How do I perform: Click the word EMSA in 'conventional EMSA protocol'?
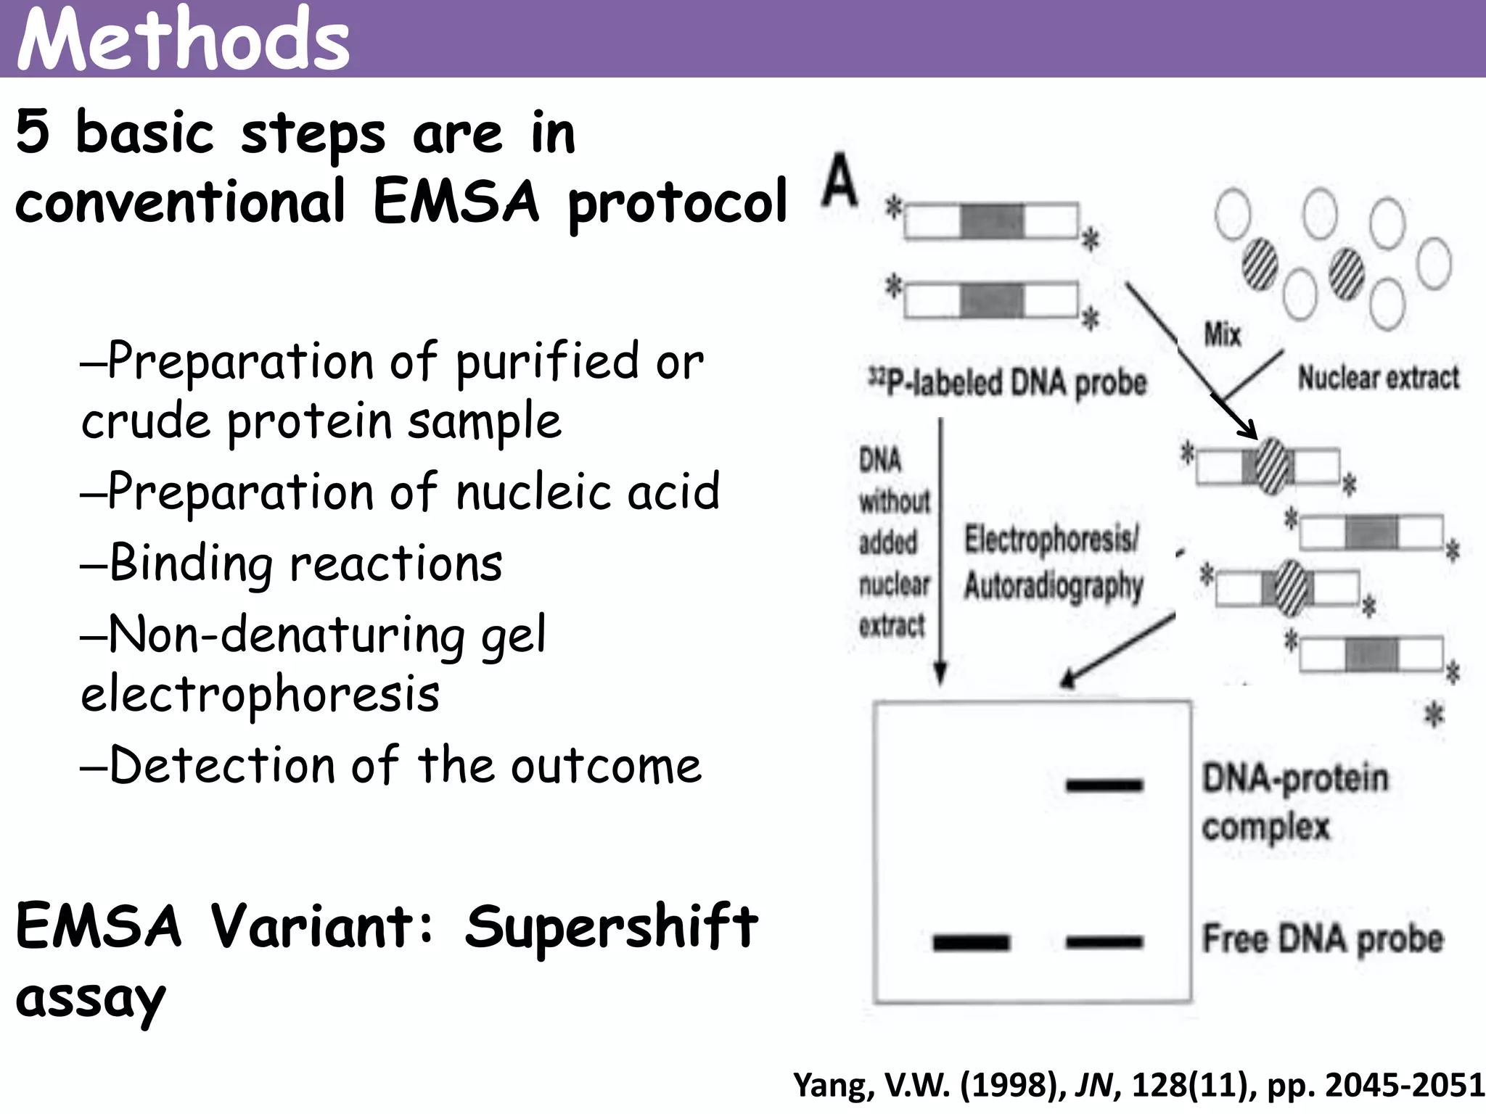456,202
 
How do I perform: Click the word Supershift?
611,927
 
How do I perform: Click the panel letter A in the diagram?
841,180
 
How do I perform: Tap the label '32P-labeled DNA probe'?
1008,381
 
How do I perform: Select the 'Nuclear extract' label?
1378,378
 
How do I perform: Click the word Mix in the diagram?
1223,334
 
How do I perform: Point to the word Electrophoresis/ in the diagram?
1051,539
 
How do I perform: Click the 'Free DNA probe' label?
1323,938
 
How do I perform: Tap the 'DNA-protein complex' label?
1294,802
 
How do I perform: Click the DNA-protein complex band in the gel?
1104,785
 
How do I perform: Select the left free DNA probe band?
971,942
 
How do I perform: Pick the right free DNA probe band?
1104,942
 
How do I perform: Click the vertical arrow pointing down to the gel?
940,551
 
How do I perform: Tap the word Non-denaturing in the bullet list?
287,635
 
